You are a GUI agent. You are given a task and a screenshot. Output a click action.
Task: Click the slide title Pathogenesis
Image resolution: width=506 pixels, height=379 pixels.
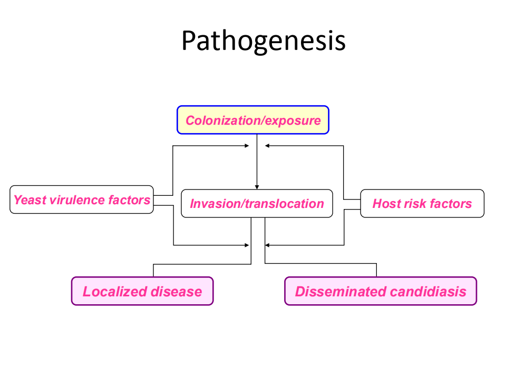tap(264, 41)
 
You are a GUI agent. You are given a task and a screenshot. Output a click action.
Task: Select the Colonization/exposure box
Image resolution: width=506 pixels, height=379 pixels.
tap(253, 120)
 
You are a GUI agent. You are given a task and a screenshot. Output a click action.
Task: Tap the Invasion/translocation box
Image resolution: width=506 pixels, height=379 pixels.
tap(257, 203)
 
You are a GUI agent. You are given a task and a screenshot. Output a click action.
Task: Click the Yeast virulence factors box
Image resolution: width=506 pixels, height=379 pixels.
tap(82, 200)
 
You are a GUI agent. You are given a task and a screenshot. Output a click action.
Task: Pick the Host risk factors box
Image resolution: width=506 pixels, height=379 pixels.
tap(422, 203)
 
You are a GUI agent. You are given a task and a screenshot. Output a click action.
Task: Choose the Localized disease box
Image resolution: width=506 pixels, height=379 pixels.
tap(142, 291)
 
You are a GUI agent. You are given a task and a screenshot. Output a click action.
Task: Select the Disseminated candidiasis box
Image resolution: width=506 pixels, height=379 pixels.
tap(381, 291)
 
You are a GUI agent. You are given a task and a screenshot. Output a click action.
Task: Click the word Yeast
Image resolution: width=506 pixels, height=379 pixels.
tap(30, 200)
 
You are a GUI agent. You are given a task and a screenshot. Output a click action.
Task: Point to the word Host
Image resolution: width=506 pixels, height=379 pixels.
tap(386, 204)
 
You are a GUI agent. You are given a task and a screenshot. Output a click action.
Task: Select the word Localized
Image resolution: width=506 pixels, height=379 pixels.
tap(115, 292)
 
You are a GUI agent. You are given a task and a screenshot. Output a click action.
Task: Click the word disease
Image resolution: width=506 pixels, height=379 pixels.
tap(176, 292)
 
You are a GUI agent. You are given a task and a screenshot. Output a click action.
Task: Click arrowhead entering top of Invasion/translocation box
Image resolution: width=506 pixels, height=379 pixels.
tap(257, 187)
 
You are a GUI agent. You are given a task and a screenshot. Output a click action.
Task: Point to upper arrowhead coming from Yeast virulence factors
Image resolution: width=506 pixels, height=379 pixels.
tap(247, 146)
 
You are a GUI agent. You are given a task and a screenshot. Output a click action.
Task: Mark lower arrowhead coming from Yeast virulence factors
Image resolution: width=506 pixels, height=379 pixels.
tap(247, 245)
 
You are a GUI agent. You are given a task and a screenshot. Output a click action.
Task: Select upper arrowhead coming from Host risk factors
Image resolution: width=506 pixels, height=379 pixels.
tap(267, 146)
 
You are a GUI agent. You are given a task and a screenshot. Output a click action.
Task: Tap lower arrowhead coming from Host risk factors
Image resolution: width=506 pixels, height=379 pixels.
tap(267, 245)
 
